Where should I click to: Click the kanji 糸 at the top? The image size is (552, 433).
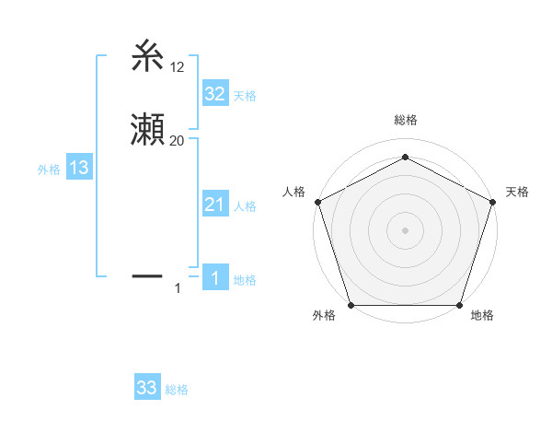[x=148, y=57]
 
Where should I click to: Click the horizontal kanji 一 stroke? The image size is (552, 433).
[x=148, y=275]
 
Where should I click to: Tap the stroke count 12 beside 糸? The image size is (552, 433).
[x=178, y=66]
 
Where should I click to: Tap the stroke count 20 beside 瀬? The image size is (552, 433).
[x=178, y=141]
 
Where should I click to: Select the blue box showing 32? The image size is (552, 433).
[x=214, y=93]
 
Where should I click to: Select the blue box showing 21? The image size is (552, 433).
[x=214, y=205]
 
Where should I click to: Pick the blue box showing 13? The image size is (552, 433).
[x=78, y=168]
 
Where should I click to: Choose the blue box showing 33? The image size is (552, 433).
[x=147, y=388]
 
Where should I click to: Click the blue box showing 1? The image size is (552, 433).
[x=214, y=278]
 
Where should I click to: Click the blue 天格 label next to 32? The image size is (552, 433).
[x=245, y=96]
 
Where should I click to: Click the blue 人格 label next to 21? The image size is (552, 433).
[x=245, y=206]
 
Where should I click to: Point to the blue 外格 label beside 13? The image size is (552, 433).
[x=49, y=170]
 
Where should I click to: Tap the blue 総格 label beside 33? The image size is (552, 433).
[x=177, y=390]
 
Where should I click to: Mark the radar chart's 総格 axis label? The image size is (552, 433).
[x=405, y=121]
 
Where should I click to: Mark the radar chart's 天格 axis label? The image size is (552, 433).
[x=517, y=192]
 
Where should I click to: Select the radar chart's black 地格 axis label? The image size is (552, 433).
[x=482, y=315]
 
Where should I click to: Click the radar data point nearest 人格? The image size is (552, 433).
[x=316, y=201]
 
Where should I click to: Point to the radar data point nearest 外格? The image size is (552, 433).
[x=351, y=305]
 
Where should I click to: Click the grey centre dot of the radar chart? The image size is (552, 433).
[x=405, y=229]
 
